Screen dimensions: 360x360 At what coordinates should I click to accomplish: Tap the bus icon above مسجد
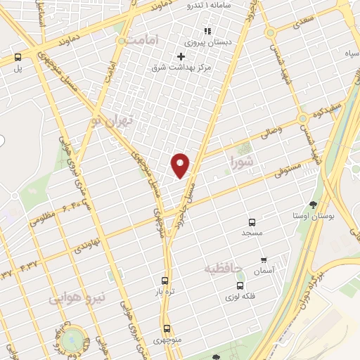click(251, 221)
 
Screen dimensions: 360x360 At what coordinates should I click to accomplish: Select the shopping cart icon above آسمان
click(264, 259)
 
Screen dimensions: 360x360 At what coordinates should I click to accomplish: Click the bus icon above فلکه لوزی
click(240, 286)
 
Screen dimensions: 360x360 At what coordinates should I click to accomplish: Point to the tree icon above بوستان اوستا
click(313, 205)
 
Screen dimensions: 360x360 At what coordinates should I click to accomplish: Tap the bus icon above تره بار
click(165, 280)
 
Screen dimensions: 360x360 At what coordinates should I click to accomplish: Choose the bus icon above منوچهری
click(167, 328)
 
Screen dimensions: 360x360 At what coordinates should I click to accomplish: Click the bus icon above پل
click(18, 58)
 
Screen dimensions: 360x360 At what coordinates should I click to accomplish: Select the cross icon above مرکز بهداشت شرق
click(181, 56)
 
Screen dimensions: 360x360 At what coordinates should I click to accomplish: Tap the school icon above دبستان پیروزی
click(207, 31)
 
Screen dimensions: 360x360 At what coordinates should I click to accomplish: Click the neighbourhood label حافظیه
click(224, 269)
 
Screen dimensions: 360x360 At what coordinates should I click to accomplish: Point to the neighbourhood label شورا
click(245, 162)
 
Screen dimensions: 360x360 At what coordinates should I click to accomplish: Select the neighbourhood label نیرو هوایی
click(77, 298)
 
